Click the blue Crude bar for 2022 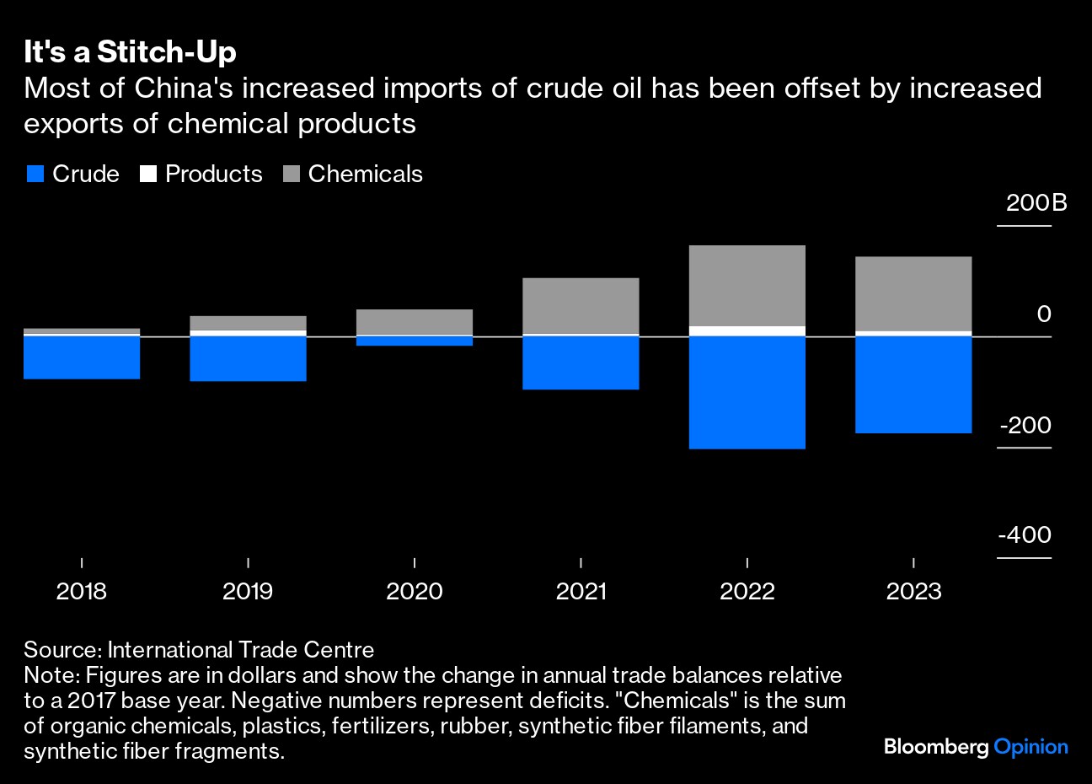[747, 393]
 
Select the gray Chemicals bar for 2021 [581, 305]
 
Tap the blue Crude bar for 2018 [82, 357]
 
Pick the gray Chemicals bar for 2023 [913, 293]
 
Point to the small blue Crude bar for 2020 [414, 341]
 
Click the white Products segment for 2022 [747, 331]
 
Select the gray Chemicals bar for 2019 [248, 323]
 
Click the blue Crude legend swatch [35, 175]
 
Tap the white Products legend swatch [148, 175]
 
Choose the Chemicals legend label [365, 175]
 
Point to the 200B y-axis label [1036, 203]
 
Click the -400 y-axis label [1025, 535]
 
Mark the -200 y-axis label [1025, 425]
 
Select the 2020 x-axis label [414, 591]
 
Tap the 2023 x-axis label [913, 591]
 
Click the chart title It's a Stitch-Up [130, 52]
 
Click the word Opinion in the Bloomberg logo [1030, 747]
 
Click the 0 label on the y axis [1044, 314]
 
